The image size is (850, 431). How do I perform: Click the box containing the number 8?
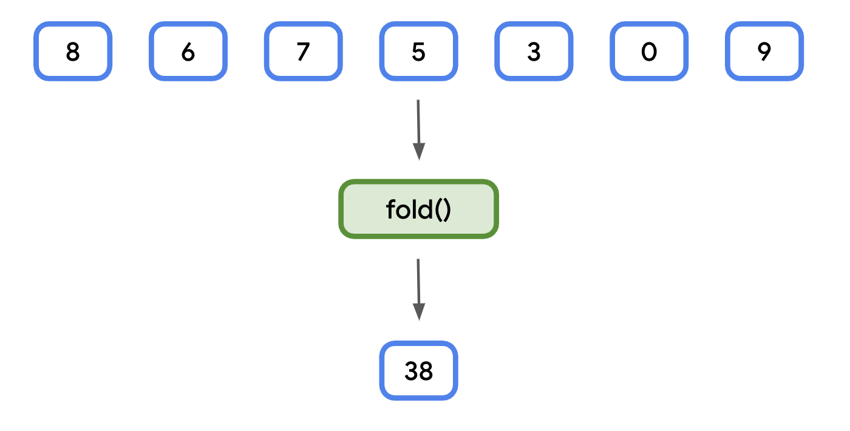(73, 52)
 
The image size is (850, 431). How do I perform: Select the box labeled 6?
(188, 52)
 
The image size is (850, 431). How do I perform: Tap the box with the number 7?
(304, 52)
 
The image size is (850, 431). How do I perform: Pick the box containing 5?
(419, 52)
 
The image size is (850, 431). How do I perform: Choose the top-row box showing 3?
(534, 52)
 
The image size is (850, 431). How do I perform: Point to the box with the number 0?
(649, 52)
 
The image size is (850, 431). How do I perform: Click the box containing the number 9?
(764, 52)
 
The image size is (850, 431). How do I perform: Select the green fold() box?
(419, 209)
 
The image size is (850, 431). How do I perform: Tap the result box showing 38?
(419, 371)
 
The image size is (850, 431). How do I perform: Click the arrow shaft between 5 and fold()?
(418, 121)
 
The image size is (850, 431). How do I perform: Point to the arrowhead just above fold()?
(419, 152)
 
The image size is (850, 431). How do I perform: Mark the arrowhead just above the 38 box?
(419, 311)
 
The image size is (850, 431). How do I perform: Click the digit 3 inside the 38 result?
(412, 372)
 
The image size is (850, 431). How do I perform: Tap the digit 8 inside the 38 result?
(426, 372)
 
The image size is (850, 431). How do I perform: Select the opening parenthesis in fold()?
(438, 210)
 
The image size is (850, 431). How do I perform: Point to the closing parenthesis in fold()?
(447, 210)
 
